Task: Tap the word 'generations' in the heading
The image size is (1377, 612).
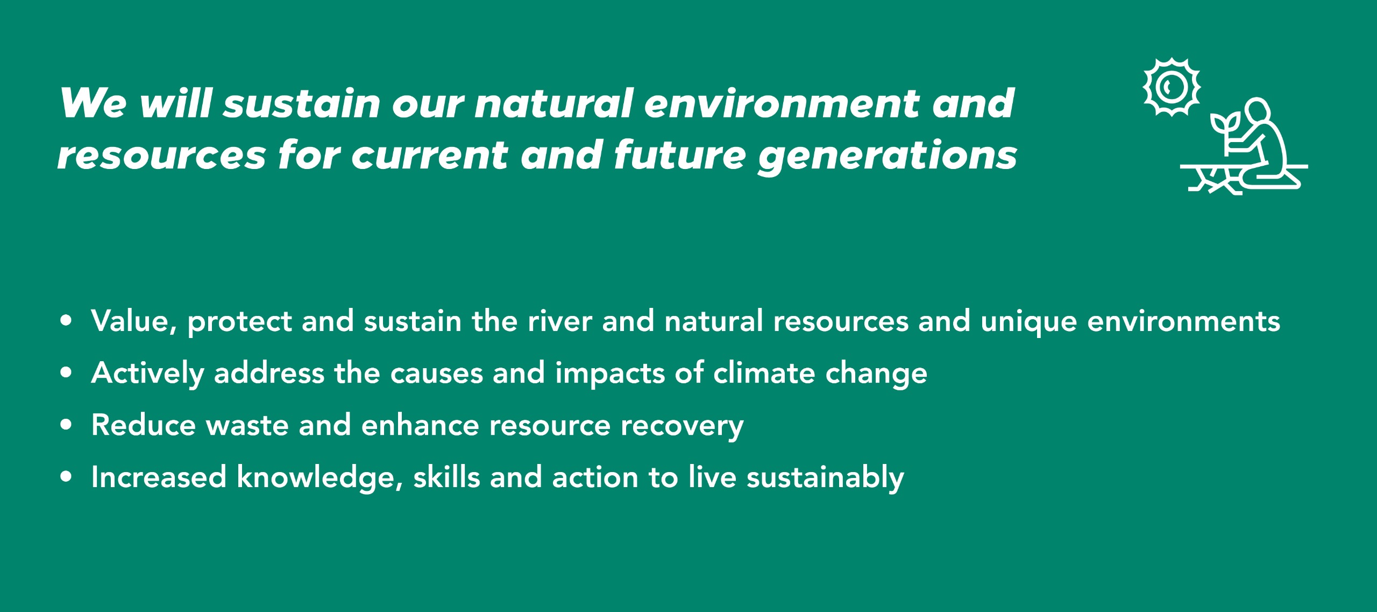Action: coord(887,156)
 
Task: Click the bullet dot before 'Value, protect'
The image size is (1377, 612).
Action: coord(66,321)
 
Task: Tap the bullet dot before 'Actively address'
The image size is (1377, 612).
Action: coord(66,373)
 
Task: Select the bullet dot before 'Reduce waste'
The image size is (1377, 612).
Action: coord(66,425)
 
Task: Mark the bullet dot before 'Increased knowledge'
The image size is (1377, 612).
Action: coord(66,477)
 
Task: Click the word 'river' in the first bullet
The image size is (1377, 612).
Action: coord(559,321)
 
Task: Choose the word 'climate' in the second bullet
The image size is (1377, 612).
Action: coord(764,373)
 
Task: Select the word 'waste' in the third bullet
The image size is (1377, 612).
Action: coord(247,425)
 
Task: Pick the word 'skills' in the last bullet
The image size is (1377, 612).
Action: coord(446,477)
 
